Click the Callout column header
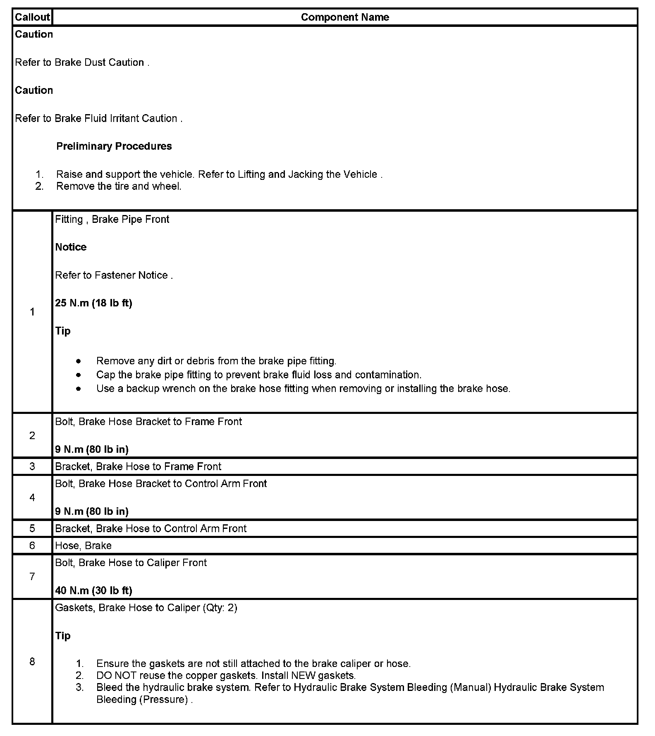coord(32,17)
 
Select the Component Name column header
coord(345,17)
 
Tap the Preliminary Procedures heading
coord(114,146)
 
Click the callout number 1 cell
coord(32,312)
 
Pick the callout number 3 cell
coord(32,466)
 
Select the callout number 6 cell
coord(32,545)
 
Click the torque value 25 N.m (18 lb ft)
coord(93,303)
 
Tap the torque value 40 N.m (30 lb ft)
coord(93,590)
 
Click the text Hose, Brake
coord(83,546)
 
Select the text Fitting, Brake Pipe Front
coord(112,219)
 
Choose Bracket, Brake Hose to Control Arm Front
coord(151,528)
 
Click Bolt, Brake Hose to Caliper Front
coord(131,563)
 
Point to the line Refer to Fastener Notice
coord(114,275)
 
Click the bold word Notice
coord(71,247)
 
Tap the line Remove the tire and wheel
coord(119,186)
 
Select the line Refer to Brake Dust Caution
coord(82,62)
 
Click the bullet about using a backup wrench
coord(303,389)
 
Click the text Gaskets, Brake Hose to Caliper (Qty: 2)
coord(146,608)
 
